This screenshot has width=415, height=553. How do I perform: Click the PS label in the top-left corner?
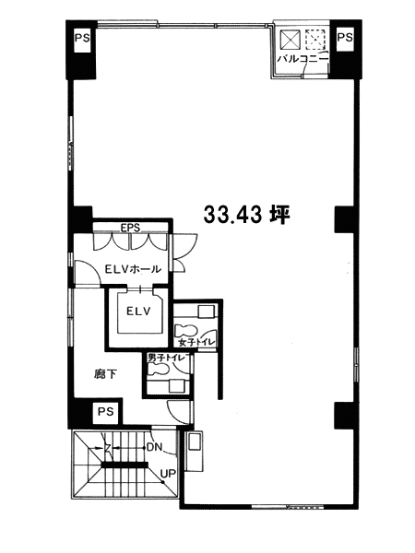(x=82, y=38)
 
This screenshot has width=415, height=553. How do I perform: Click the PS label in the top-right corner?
(x=344, y=37)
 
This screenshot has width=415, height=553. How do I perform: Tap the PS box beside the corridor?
(x=105, y=411)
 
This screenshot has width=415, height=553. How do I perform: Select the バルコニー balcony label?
(x=302, y=59)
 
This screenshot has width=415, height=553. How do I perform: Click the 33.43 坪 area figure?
(x=246, y=215)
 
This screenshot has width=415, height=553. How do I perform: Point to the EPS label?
(x=130, y=228)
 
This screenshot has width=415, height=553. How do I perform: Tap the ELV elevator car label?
(x=138, y=312)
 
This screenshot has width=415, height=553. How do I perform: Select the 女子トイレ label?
(x=196, y=342)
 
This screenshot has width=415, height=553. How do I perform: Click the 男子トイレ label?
(x=166, y=358)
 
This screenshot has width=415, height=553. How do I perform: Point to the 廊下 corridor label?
(x=105, y=374)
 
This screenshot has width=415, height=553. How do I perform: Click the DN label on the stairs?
(x=154, y=448)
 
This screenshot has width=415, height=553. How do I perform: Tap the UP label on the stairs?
(x=169, y=474)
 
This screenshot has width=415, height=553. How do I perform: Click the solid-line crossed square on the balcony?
(x=290, y=40)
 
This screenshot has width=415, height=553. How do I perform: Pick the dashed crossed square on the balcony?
(x=315, y=40)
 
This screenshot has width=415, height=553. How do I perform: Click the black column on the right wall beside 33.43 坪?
(x=344, y=219)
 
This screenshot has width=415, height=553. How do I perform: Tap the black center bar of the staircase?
(x=125, y=465)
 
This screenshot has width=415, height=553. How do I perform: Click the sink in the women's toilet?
(x=206, y=312)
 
